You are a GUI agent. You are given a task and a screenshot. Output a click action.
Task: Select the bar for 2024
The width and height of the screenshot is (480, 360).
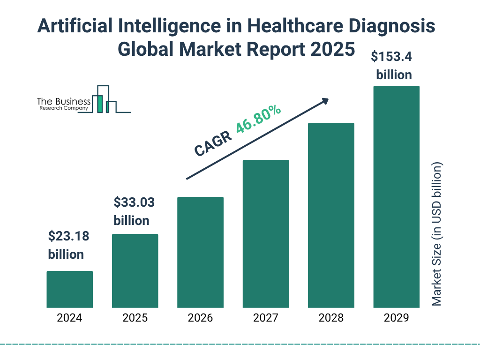[x=69, y=289]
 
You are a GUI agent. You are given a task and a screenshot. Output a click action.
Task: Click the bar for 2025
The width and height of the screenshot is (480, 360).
[x=135, y=271]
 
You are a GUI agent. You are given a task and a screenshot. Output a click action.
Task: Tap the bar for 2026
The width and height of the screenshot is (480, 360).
[x=200, y=252]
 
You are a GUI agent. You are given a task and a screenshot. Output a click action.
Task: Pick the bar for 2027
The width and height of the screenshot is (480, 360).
[x=265, y=234]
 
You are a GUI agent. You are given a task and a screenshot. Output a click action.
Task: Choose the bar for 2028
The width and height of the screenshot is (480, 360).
[x=331, y=215]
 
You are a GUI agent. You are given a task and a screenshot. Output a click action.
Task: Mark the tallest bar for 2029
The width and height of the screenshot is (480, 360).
[x=396, y=197]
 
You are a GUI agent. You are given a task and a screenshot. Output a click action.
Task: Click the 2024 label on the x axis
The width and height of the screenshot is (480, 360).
[x=69, y=318]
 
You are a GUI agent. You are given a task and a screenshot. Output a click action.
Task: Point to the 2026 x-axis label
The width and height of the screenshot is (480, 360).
[x=200, y=318]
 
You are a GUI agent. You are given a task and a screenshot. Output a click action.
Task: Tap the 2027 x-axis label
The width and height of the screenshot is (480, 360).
[x=265, y=318]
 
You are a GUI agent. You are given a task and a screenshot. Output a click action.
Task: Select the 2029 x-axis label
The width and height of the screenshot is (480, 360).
[x=396, y=318]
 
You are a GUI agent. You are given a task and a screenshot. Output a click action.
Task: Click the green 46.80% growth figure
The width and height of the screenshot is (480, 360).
[x=258, y=120]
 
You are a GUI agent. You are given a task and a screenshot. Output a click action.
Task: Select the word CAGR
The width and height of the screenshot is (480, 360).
[x=213, y=144]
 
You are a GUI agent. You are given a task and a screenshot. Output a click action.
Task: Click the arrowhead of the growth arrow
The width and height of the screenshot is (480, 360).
[x=324, y=100]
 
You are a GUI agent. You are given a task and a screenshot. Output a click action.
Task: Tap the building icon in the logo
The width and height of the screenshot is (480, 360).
[x=104, y=99]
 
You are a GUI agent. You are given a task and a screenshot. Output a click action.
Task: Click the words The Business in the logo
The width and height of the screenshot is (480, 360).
[x=64, y=101]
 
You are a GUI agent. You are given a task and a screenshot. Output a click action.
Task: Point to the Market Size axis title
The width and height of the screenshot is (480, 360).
[x=436, y=234]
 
